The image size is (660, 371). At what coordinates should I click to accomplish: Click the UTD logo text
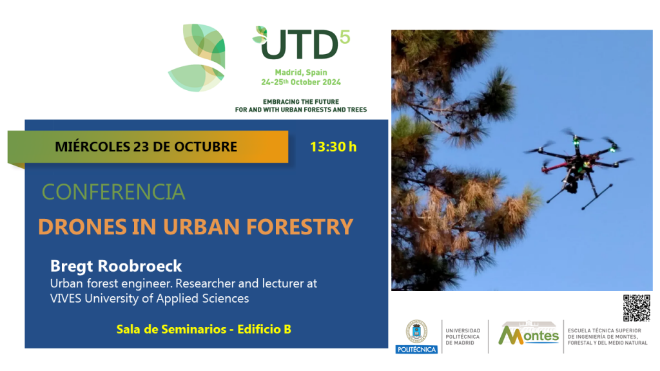pos(300,44)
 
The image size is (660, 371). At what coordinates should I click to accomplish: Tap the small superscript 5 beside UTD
pos(345,37)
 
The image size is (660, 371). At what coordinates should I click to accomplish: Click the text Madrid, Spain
pos(301,72)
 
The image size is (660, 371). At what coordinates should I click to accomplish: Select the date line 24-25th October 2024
pos(301,82)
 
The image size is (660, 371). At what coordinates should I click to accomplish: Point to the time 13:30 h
pos(333,147)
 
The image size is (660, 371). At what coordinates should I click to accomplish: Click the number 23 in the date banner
pos(141,147)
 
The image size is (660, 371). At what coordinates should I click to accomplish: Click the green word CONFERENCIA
pos(113,192)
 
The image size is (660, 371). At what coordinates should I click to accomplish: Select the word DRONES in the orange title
pos(82,227)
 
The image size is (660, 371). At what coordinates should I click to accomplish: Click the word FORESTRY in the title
pos(300,227)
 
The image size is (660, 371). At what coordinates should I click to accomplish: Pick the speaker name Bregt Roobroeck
pos(116,266)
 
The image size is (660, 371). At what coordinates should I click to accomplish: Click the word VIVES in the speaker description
pos(66,298)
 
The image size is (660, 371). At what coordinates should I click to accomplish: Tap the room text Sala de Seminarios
pos(171,329)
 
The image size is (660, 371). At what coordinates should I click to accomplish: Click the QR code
pos(636,308)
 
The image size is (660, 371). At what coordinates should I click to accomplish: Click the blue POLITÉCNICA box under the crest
pos(417,350)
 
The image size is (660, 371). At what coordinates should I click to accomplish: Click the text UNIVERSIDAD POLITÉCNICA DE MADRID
pos(463,337)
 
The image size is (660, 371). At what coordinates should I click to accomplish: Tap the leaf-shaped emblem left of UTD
pos(197,57)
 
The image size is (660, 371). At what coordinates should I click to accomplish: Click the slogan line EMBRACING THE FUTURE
pos(301,102)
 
